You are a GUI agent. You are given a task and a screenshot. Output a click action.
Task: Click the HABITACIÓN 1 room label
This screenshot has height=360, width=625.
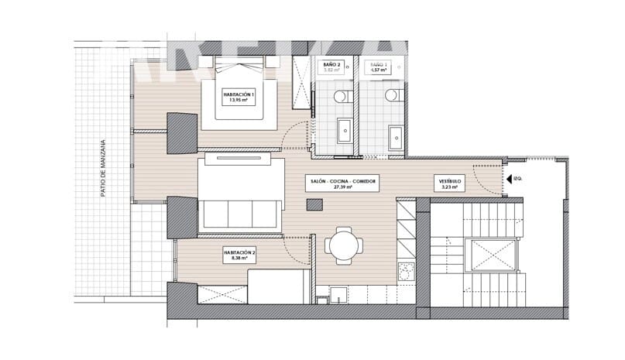click(239, 97)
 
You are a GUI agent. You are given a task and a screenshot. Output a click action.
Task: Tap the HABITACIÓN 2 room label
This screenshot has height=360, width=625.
click(239, 255)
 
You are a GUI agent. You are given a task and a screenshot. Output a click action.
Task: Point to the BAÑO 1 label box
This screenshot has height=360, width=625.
click(379, 68)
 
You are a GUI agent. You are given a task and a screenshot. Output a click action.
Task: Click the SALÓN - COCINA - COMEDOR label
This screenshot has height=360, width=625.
click(342, 183)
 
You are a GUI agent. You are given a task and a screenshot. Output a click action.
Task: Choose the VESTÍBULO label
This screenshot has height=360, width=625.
click(450, 183)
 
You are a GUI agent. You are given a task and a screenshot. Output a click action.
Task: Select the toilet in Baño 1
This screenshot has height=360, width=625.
click(392, 97)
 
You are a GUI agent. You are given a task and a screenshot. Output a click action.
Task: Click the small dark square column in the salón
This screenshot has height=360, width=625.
click(314, 204)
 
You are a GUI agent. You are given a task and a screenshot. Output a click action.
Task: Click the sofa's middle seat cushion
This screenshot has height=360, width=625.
click(240, 213)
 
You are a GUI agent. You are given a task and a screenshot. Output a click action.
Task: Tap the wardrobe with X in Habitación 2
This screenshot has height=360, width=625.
click(223, 295)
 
